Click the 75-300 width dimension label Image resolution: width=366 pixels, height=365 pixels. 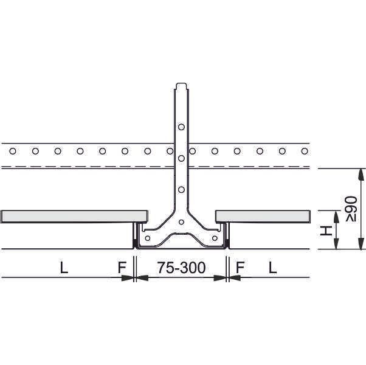point(181,268)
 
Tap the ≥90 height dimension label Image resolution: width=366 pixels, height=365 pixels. point(351,209)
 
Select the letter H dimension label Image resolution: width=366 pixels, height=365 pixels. point(326,231)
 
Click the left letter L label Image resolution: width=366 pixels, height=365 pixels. point(64,268)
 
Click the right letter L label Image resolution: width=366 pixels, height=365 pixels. point(272,268)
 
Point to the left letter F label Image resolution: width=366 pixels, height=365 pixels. point(122,268)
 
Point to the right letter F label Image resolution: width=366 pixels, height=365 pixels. point(240,268)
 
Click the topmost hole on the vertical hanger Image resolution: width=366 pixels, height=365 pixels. point(181,127)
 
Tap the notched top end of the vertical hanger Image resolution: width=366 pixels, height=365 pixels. point(181,86)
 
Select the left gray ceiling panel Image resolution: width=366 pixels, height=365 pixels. point(74,217)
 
